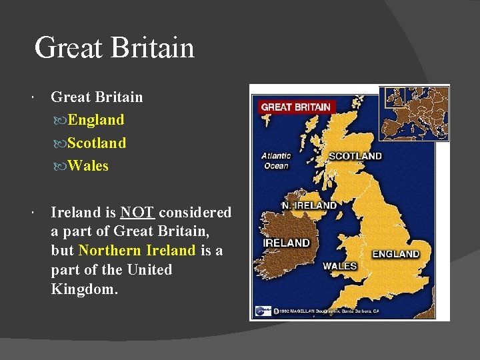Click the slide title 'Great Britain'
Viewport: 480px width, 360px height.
tap(114, 48)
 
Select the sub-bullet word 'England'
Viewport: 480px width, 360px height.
tap(95, 120)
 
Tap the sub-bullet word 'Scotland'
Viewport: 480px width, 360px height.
tap(96, 143)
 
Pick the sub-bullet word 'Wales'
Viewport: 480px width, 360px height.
tap(87, 165)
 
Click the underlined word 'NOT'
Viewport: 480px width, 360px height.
tap(137, 213)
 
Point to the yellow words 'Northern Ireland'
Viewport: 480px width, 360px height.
tap(137, 251)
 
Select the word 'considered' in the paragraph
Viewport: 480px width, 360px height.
tap(195, 213)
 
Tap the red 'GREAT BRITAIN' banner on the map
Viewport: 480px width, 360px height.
tap(295, 107)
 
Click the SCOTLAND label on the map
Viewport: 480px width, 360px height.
tap(355, 157)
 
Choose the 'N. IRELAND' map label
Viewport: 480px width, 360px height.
tap(309, 205)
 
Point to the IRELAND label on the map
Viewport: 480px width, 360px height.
tap(286, 243)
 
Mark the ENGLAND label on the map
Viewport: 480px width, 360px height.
tap(395, 254)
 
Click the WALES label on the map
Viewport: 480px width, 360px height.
tap(339, 266)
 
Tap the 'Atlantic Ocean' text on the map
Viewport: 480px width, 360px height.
tap(276, 161)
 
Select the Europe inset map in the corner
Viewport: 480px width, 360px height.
tap(413, 113)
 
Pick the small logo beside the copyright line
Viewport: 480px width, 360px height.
tap(262, 311)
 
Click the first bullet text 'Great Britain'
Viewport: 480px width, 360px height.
tap(97, 97)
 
